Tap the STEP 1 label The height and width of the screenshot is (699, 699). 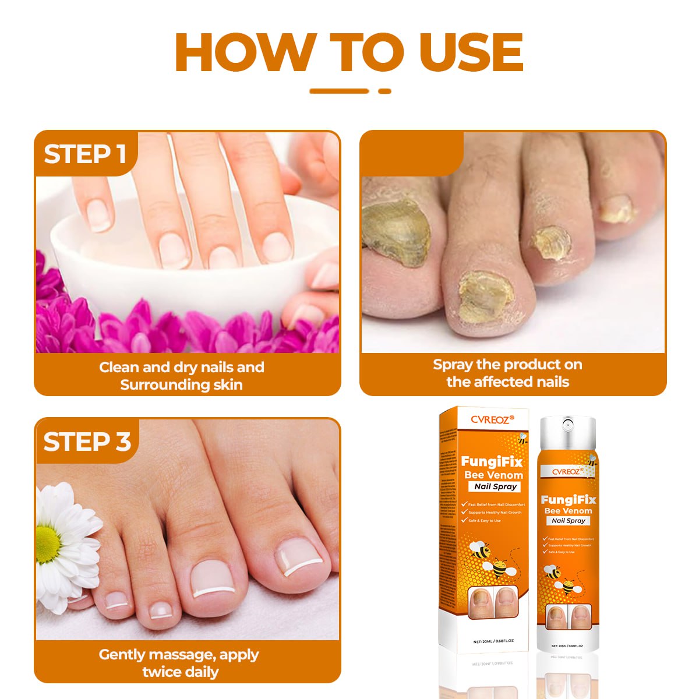[x=85, y=154]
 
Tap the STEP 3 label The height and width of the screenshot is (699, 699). [x=87, y=442]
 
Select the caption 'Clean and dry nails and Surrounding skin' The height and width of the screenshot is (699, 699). [x=182, y=376]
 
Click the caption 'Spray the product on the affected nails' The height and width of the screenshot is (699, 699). [x=507, y=373]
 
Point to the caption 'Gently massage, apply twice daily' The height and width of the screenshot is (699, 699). [x=179, y=663]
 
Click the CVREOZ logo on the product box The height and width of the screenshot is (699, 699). [x=492, y=419]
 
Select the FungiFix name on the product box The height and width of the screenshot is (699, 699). [x=492, y=461]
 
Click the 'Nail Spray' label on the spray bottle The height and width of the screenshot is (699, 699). [x=569, y=521]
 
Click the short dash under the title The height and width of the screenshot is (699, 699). [x=384, y=91]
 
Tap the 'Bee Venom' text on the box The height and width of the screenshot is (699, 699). [x=493, y=475]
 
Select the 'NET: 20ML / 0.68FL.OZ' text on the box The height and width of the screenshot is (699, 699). [x=493, y=641]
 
